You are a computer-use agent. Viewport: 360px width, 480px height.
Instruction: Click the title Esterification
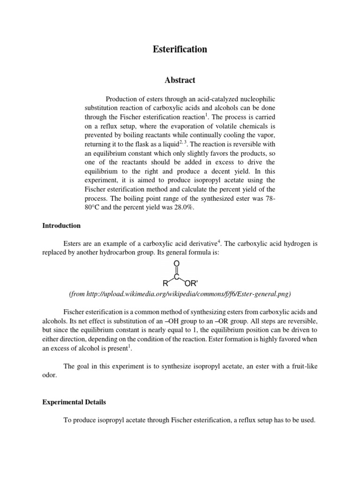pos(180,49)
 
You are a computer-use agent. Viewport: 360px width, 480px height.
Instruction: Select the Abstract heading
pos(180,80)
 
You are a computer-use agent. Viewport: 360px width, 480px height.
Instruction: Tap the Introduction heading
pos(61,225)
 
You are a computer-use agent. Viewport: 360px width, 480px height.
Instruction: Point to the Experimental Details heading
pos(74,402)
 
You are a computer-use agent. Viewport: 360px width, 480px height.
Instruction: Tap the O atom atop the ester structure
pos(177,264)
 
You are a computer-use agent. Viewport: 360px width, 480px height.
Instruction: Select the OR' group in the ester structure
pos(192,283)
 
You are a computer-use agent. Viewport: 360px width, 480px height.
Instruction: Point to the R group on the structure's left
pos(165,283)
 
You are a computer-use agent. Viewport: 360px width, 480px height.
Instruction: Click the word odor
pos(49,375)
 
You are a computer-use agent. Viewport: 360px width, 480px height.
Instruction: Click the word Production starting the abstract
pos(123,99)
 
